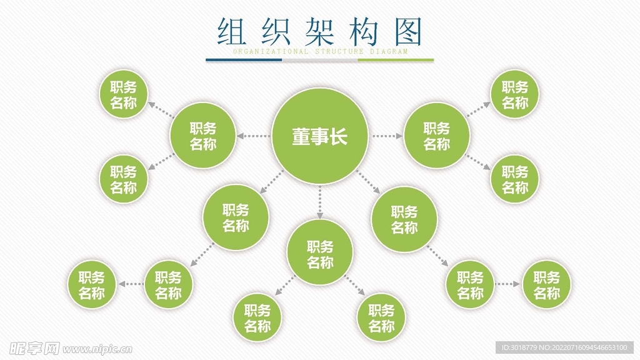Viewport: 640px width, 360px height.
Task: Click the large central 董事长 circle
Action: (x=319, y=136)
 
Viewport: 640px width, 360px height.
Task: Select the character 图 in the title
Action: (x=409, y=31)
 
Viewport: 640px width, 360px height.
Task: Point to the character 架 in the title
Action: (x=320, y=31)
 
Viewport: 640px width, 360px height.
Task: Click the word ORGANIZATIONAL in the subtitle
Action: (x=270, y=52)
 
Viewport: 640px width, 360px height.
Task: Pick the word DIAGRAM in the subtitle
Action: (x=389, y=52)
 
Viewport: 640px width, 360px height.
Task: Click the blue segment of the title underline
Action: (x=244, y=60)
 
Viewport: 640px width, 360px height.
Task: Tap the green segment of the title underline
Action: (x=396, y=60)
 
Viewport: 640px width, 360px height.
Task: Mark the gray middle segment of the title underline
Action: (x=320, y=60)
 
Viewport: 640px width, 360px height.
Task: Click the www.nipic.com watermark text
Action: (x=94, y=347)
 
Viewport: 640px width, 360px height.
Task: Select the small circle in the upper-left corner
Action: (x=124, y=94)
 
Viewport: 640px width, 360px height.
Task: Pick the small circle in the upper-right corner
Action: (x=515, y=94)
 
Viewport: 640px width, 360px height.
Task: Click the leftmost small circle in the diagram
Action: (x=91, y=284)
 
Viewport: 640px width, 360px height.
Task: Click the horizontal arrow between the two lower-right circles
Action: (x=507, y=284)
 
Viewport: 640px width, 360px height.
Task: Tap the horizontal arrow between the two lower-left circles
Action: (x=131, y=284)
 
